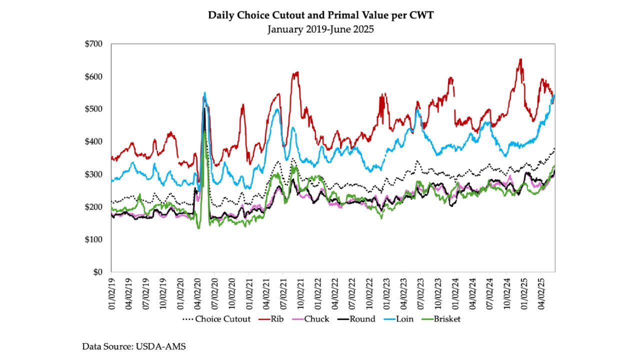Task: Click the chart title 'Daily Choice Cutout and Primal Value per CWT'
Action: tap(320, 15)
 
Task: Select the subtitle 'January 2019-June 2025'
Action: tap(320, 29)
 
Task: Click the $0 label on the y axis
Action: tap(97, 272)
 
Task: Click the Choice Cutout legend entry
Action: tap(216, 318)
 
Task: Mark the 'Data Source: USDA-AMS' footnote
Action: tap(134, 345)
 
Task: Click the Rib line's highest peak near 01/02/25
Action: tap(521, 59)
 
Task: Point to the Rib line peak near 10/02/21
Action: tap(297, 72)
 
